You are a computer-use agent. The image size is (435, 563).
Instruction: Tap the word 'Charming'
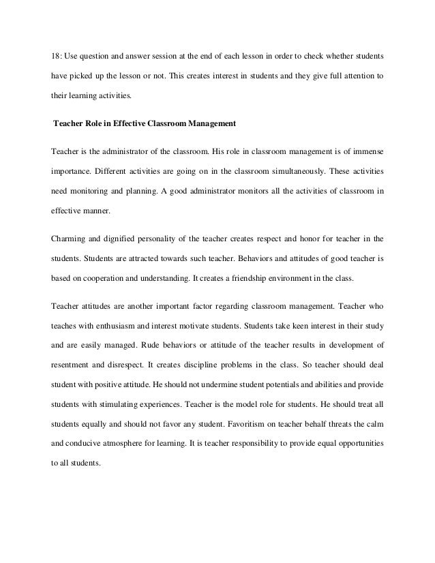pos(68,239)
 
